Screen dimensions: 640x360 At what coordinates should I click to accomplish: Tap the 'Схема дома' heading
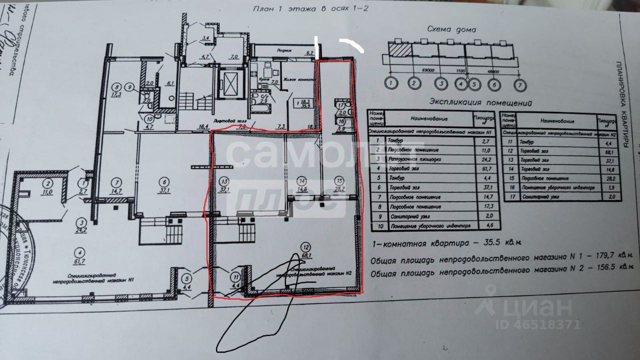pos(451,29)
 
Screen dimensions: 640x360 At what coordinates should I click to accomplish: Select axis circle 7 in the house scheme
pos(521,84)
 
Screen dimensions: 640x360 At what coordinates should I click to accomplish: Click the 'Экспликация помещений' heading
pos(480,102)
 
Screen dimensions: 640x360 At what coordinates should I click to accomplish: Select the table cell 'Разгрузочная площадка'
pos(419,159)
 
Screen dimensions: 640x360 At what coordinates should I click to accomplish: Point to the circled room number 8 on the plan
pos(117,85)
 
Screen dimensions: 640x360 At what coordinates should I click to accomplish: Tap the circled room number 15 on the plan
pos(339,180)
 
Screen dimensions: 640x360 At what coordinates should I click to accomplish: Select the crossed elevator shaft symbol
pos(230,82)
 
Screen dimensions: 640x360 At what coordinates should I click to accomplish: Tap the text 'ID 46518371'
pos(538,324)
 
